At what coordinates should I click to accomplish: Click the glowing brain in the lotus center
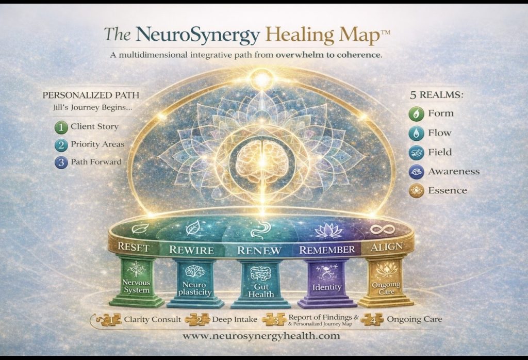click(263, 160)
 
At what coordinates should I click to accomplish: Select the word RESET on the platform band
click(134, 247)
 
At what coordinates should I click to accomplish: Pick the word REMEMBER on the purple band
click(327, 250)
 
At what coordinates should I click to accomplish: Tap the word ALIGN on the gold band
click(387, 247)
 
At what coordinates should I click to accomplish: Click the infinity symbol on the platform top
click(384, 229)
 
